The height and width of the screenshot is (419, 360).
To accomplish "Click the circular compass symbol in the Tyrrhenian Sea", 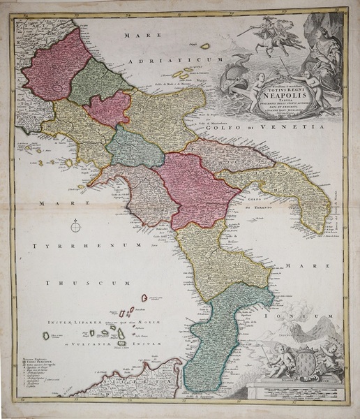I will [76, 225].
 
